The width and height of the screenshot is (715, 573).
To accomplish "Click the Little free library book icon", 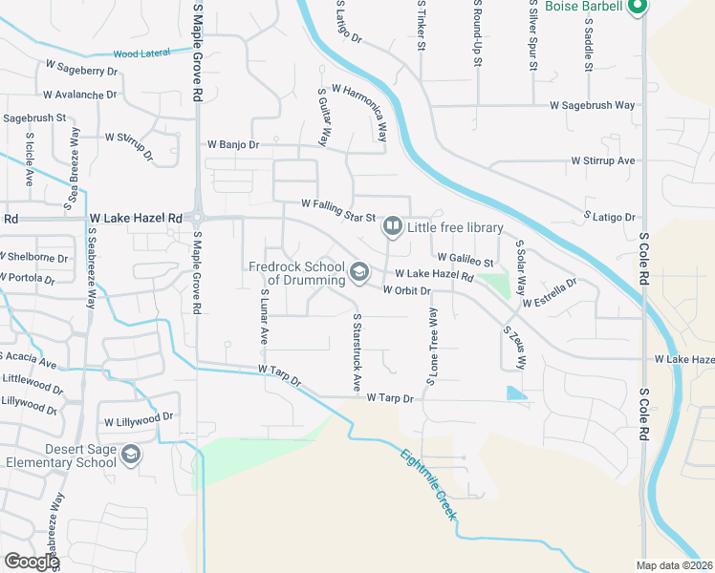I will pyautogui.click(x=392, y=227).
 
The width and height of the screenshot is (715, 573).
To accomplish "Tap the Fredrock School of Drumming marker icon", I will pyautogui.click(x=358, y=273).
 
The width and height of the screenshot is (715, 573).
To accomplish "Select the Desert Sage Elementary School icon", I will pyautogui.click(x=131, y=456).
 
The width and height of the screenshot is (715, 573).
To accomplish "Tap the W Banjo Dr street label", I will pyautogui.click(x=233, y=145).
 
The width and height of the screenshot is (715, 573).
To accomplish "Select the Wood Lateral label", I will pyautogui.click(x=140, y=53).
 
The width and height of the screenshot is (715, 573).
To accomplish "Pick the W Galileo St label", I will pyautogui.click(x=466, y=259).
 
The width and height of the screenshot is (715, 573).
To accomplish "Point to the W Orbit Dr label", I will pyautogui.click(x=408, y=290).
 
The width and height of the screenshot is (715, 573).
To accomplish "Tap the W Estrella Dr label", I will pyautogui.click(x=550, y=294).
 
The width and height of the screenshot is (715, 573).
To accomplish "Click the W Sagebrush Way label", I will pyautogui.click(x=592, y=105).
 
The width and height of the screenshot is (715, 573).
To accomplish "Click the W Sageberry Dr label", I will pyautogui.click(x=81, y=70).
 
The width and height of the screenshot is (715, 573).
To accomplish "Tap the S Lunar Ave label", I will pyautogui.click(x=263, y=318).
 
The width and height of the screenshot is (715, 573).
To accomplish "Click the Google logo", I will pyautogui.click(x=32, y=562).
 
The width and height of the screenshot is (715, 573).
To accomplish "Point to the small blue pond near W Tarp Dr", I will pyautogui.click(x=516, y=393).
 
